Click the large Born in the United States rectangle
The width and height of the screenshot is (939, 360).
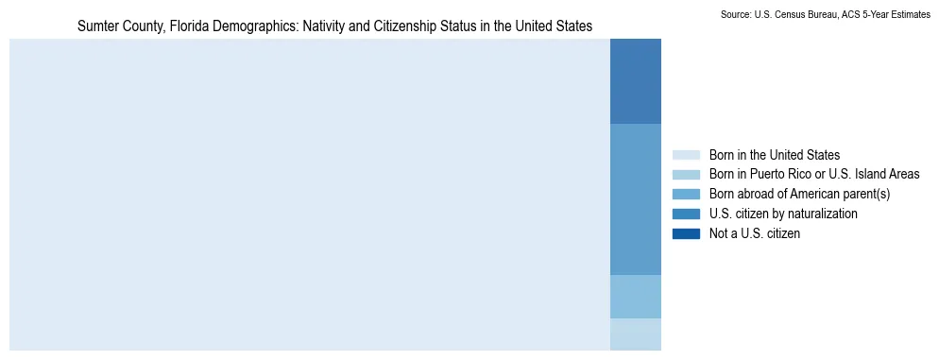310,194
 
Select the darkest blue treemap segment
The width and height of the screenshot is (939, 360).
636,81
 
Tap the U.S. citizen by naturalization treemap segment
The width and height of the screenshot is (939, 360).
636,198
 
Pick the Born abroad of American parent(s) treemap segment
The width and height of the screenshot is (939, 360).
636,297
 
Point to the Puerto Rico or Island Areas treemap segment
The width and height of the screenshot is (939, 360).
636,334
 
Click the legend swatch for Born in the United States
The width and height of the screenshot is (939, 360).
686,155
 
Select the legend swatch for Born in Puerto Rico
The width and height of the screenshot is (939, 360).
686,174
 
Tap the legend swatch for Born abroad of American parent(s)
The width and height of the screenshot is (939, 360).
686,194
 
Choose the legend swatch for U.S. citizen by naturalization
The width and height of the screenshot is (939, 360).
686,214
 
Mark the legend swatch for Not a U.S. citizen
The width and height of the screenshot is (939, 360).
686,233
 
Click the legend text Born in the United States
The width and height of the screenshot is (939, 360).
775,155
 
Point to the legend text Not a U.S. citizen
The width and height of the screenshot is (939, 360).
755,233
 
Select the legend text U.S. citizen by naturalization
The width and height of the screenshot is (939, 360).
783,214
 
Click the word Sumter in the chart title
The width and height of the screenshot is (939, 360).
95,26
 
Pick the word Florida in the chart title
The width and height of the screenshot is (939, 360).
184,26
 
